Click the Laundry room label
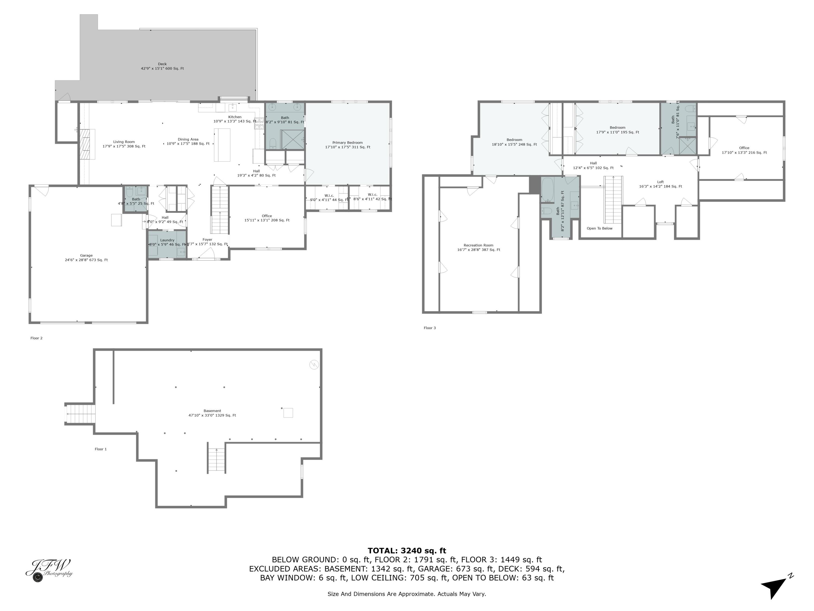pyautogui.click(x=167, y=240)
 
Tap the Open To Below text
pyautogui.click(x=599, y=228)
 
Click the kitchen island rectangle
pyautogui.click(x=222, y=145)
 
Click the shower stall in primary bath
pyautogui.click(x=292, y=139)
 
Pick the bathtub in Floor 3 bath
pyautogui.click(x=547, y=189)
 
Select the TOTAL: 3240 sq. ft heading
pyautogui.click(x=407, y=551)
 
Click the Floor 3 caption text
pyautogui.click(x=430, y=328)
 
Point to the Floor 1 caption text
pyautogui.click(x=100, y=449)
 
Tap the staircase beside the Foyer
pyautogui.click(x=220, y=210)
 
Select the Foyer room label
pyautogui.click(x=207, y=240)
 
